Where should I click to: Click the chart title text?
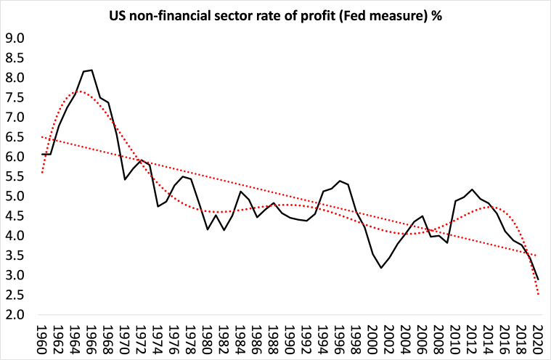click(275, 15)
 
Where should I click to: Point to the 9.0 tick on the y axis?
click(15, 38)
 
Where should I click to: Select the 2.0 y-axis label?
click(15, 315)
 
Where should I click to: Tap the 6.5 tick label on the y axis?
click(15, 137)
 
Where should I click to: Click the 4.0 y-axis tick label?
click(15, 236)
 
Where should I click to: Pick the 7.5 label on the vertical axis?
click(15, 97)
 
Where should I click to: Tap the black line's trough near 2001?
click(381, 268)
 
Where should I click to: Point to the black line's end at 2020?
click(538, 279)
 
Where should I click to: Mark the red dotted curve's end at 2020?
click(538, 294)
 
